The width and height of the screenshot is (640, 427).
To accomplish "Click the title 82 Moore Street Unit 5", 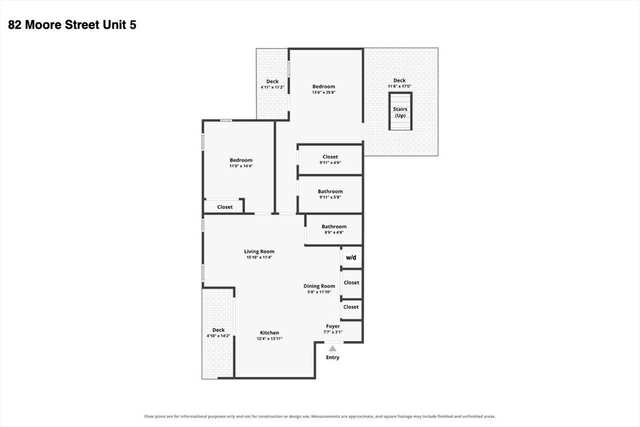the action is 72,25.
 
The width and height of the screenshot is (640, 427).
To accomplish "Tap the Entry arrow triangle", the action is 332,349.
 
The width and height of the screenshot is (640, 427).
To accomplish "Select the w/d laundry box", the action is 351,258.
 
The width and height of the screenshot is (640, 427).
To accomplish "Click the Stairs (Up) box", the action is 400,111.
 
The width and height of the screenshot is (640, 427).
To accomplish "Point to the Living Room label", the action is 259,254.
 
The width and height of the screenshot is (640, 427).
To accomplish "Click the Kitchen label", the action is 269,335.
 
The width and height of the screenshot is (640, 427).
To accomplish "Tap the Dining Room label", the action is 319,289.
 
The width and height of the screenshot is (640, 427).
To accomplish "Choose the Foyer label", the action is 332,329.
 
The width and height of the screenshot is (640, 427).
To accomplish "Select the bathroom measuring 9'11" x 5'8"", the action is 330,194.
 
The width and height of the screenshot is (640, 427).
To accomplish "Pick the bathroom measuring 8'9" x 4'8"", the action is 334,229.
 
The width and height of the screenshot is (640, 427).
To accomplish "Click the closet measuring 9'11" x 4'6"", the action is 330,159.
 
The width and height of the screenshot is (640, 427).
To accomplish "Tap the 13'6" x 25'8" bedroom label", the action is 324,89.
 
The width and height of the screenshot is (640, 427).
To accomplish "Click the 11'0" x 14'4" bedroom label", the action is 241,163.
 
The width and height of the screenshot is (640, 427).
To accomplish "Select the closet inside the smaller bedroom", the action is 224,206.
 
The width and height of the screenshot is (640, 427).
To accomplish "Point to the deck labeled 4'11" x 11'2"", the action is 272,84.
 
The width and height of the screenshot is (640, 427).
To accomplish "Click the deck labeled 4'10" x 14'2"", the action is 218,333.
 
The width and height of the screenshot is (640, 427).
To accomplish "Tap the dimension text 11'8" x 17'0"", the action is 399,86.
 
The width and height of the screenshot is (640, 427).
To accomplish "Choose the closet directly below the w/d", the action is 351,283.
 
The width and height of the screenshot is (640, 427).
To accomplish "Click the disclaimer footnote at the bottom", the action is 320,416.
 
